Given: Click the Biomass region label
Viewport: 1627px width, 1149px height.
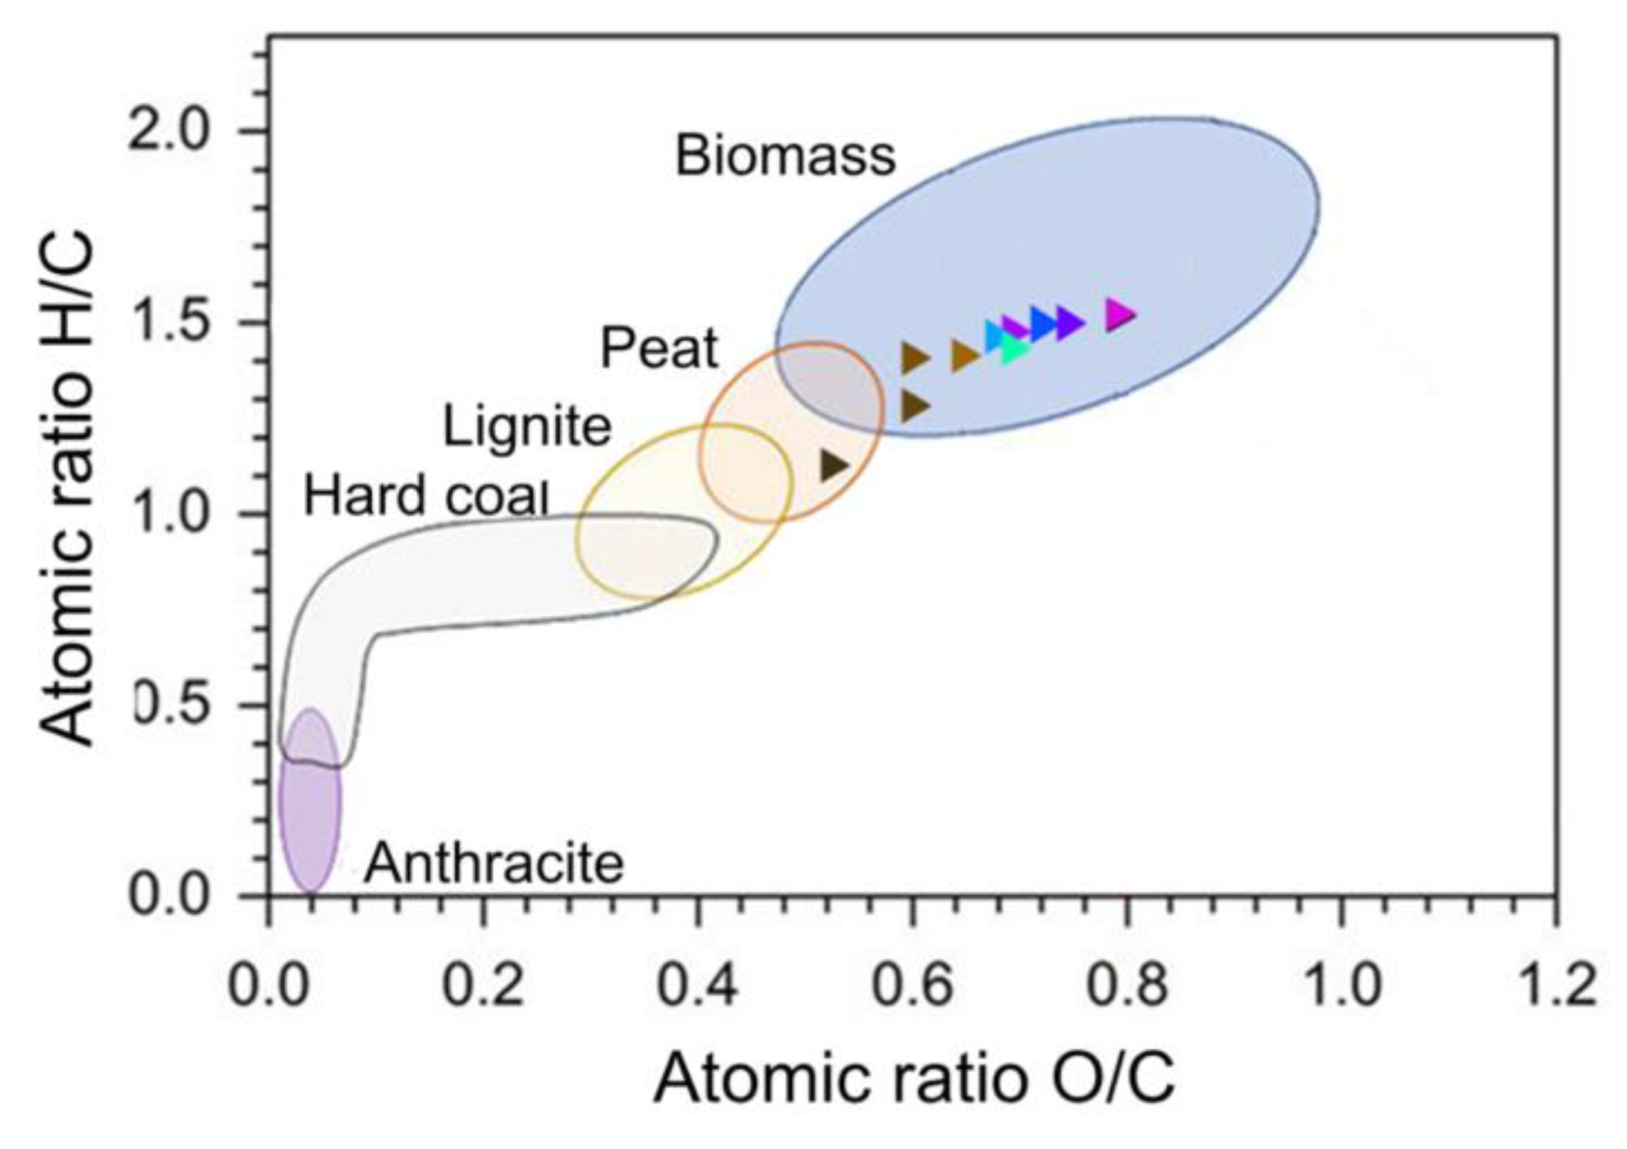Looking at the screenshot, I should (784, 157).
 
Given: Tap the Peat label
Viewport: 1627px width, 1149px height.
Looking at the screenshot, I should (659, 349).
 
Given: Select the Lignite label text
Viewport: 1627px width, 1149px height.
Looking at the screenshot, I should (527, 427).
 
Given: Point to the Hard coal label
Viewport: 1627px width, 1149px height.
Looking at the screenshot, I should (426, 496).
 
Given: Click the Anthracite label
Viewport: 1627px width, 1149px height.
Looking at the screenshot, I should (494, 863).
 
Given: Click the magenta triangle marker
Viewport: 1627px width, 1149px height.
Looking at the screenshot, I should (1118, 315).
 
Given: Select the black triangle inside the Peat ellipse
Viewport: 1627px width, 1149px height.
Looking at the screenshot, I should (833, 465).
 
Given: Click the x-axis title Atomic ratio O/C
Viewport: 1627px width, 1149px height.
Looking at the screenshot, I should (914, 1079).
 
